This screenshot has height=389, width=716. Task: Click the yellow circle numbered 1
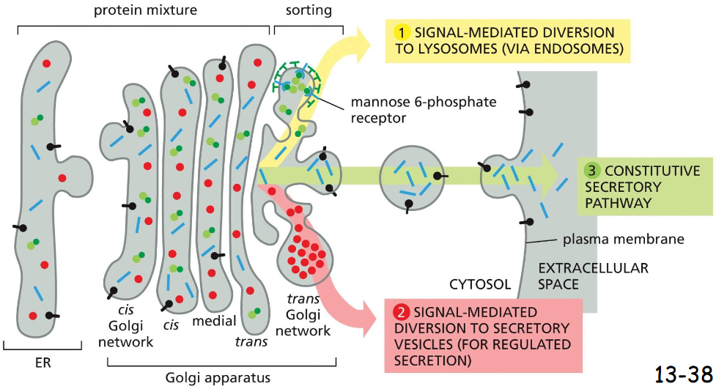tap(401, 33)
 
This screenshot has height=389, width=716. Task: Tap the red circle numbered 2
tap(401, 311)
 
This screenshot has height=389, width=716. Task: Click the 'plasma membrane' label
tap(624, 240)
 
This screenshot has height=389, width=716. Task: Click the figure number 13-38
tap(682, 374)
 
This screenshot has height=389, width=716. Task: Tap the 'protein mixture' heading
tap(144, 11)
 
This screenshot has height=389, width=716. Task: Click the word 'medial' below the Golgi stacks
tap(214, 321)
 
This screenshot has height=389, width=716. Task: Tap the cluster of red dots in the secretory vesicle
tap(307, 253)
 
